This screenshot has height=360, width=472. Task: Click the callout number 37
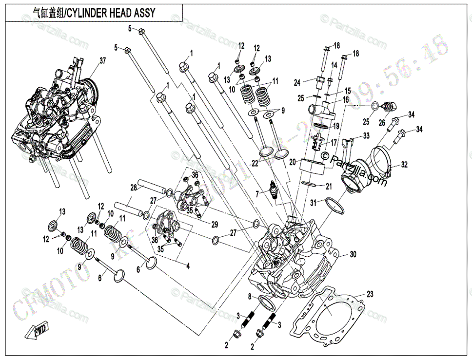102,61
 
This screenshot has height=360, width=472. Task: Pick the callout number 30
354,254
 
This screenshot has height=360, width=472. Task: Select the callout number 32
404,164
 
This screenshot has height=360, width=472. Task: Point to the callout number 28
133,188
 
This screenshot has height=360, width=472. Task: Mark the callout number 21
329,186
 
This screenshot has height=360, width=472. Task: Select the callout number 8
249,296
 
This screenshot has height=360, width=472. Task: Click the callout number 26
382,122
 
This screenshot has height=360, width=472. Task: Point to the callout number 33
366,135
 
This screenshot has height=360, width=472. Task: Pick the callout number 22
255,163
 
